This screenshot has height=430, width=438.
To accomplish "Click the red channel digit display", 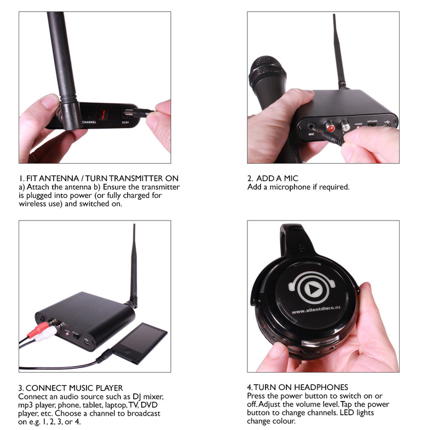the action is (x=103, y=114).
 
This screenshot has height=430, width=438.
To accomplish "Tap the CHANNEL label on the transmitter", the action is (x=89, y=122).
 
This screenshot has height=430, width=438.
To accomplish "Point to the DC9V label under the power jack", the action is (x=125, y=122).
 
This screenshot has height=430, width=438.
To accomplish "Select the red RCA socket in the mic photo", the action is (x=330, y=127).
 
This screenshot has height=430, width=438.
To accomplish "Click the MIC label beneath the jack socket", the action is (x=311, y=134).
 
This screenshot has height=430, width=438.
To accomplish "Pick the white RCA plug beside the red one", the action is (x=45, y=335).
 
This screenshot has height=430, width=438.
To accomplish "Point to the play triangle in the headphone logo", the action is (x=313, y=289).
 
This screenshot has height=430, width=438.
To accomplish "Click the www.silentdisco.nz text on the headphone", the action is (x=316, y=310).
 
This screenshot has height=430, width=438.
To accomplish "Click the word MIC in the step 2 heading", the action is (x=291, y=178).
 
